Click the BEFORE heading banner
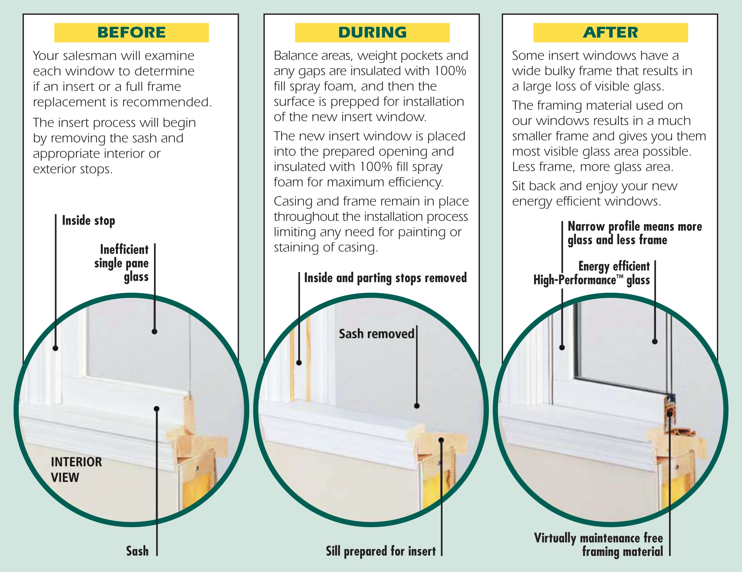click(x=131, y=32)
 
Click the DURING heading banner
click(x=372, y=32)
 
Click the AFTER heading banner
click(x=610, y=32)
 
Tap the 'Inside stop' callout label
click(x=88, y=221)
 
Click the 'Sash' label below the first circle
click(x=137, y=551)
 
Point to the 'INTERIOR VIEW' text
click(x=76, y=469)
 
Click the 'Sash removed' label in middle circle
click(x=377, y=334)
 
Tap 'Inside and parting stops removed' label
click(x=385, y=278)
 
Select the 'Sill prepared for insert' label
click(x=381, y=551)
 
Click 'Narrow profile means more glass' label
click(x=634, y=233)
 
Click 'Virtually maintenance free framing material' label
click(x=599, y=545)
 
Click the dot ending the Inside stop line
click(x=55, y=348)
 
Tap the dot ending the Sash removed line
click(x=417, y=406)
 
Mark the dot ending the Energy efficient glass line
click(x=655, y=342)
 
